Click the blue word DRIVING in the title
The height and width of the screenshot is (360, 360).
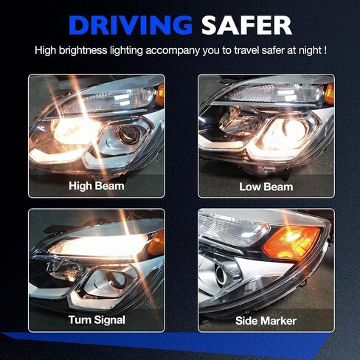[131, 25]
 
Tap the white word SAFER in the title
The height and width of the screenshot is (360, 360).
[246, 25]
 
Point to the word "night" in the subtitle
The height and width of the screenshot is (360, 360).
[310, 50]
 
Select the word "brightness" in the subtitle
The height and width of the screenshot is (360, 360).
[83, 50]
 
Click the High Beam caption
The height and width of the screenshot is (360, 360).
[97, 186]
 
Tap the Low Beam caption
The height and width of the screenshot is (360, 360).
[266, 187]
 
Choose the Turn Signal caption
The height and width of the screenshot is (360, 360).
[97, 320]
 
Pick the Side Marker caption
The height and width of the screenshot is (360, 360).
[266, 321]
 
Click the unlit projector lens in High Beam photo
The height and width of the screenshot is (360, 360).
[130, 134]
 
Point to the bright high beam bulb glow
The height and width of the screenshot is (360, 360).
[74, 131]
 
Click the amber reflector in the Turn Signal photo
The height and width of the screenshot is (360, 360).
[156, 243]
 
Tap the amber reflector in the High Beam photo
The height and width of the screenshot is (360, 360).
[160, 94]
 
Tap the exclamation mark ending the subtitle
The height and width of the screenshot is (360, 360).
[325, 50]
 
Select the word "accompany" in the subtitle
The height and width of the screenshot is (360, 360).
[173, 51]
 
